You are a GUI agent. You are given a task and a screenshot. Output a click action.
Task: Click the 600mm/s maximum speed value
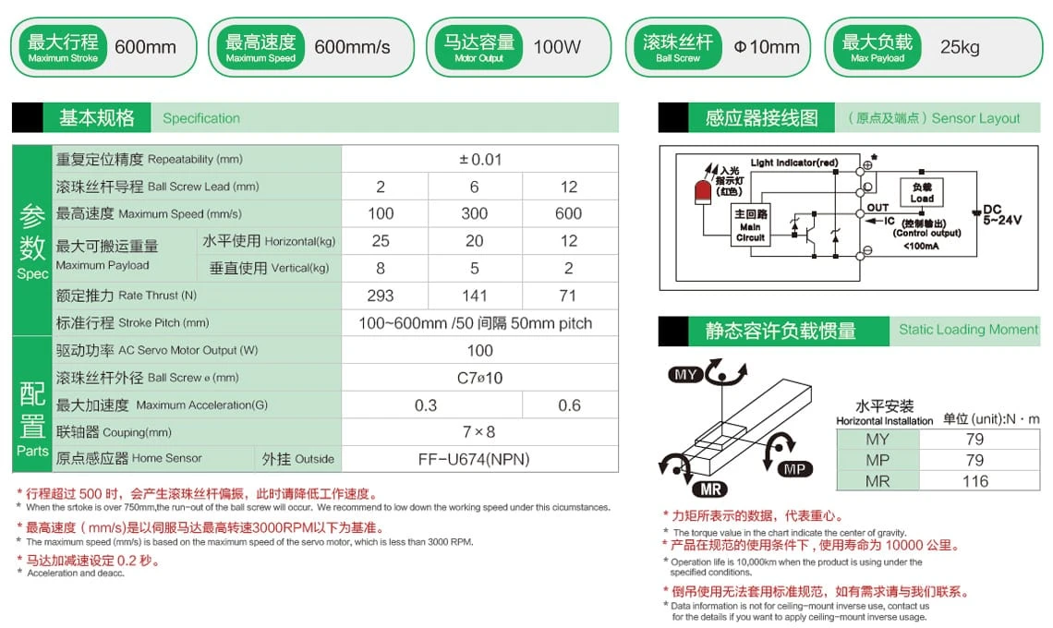(x=352, y=47)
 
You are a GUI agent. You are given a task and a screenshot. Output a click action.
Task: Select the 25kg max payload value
(x=960, y=47)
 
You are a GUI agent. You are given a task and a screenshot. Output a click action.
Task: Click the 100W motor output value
(x=557, y=47)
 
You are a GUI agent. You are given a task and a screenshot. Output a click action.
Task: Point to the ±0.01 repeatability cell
(x=479, y=160)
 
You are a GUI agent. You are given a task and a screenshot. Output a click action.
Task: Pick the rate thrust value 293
(x=381, y=296)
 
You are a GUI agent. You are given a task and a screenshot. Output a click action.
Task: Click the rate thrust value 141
(x=474, y=296)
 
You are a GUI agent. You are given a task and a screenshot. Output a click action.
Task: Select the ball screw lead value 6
(x=474, y=187)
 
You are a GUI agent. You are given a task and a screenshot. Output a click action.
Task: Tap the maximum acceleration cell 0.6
(x=569, y=405)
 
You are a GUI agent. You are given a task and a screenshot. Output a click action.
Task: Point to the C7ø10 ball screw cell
(x=479, y=378)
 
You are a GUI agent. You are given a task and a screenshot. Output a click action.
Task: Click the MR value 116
(x=974, y=481)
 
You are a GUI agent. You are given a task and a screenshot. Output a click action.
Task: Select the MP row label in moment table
(x=877, y=460)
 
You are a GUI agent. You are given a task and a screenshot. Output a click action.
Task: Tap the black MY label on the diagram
(x=685, y=375)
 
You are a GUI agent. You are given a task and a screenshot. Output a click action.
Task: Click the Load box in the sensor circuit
(x=921, y=193)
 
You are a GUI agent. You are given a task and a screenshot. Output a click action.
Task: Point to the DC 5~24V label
(x=1001, y=215)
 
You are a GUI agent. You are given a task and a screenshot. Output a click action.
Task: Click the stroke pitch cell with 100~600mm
(x=475, y=323)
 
